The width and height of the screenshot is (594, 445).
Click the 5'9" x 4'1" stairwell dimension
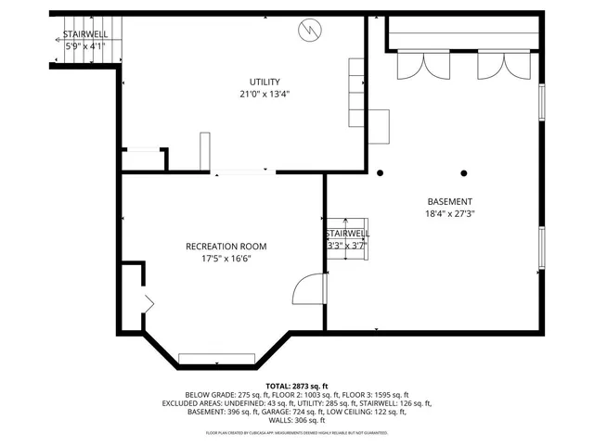click(x=84, y=45)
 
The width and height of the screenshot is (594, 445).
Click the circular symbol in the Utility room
click(x=307, y=31)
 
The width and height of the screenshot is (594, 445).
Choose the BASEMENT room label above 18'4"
click(x=449, y=202)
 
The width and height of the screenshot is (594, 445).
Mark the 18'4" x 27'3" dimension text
click(x=449, y=214)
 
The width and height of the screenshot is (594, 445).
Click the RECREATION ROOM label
click(x=226, y=247)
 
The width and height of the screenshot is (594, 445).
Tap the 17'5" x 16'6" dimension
click(x=226, y=259)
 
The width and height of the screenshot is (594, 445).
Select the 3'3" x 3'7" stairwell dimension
click(x=347, y=246)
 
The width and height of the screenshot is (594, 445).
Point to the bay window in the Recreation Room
click(x=217, y=358)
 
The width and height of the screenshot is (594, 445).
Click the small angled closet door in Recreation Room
click(x=148, y=301)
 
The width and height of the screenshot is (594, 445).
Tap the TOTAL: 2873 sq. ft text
click(x=297, y=386)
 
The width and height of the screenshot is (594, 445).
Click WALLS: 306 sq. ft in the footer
click(x=297, y=420)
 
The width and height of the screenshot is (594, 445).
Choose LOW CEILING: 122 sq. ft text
click(x=372, y=412)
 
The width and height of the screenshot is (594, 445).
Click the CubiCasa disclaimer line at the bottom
click(x=297, y=433)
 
